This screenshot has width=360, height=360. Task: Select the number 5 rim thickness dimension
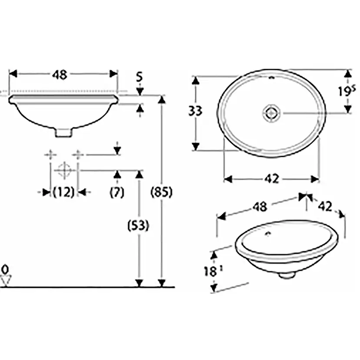tap(139, 78)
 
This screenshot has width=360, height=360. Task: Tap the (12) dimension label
tap(63, 192)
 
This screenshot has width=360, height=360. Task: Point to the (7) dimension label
tap(117, 192)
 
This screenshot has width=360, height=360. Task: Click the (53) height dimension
tap(139, 226)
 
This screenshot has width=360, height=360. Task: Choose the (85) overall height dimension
tap(161, 192)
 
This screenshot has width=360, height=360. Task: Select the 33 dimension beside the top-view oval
tap(195, 111)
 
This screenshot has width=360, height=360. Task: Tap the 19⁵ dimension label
tap(347, 91)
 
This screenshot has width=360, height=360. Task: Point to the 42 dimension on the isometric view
tap(325, 206)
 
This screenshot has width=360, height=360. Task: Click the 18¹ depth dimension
tap(211, 272)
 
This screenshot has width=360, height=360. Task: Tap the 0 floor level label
tap(5, 267)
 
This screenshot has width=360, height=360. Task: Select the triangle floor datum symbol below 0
tap(5, 281)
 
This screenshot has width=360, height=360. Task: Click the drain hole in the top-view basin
tap(271, 113)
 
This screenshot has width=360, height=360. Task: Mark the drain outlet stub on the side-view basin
tap(63, 132)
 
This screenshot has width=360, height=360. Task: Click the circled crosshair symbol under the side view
tap(64, 170)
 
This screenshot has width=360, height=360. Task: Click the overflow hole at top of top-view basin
tap(272, 79)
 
